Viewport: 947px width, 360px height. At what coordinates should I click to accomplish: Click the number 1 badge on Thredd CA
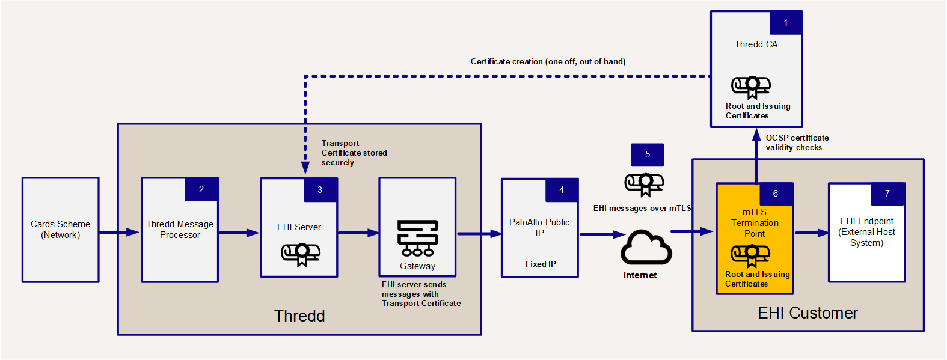[785, 23]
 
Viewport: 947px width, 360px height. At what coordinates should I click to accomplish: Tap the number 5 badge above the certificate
[647, 154]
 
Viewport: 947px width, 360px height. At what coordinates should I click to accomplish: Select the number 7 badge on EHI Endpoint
[887, 194]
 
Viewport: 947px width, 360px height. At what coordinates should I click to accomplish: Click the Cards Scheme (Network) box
[61, 230]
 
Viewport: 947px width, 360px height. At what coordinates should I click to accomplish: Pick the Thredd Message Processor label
[180, 230]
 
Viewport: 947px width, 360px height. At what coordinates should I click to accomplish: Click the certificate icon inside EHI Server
[301, 254]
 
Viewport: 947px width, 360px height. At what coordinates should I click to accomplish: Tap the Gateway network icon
[418, 238]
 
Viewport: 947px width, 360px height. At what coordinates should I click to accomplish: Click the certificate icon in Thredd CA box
[751, 88]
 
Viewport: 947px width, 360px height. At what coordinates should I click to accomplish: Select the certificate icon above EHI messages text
[645, 185]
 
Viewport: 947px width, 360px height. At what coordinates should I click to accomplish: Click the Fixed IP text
[541, 264]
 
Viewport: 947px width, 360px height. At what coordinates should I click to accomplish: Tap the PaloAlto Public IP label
[539, 227]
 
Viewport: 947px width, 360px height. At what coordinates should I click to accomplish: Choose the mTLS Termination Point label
[755, 223]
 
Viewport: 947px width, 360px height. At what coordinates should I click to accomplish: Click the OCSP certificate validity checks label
[797, 143]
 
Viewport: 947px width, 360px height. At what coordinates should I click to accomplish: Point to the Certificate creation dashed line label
[548, 62]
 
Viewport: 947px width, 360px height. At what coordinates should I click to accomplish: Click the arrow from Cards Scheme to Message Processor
[119, 232]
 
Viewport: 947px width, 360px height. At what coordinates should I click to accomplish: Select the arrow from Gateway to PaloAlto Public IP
[479, 233]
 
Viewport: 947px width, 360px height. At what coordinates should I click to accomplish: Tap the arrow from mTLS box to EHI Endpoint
[812, 233]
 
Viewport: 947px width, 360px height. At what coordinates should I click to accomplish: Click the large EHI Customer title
[808, 313]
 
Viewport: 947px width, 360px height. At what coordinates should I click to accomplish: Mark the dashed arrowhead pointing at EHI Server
[305, 168]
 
